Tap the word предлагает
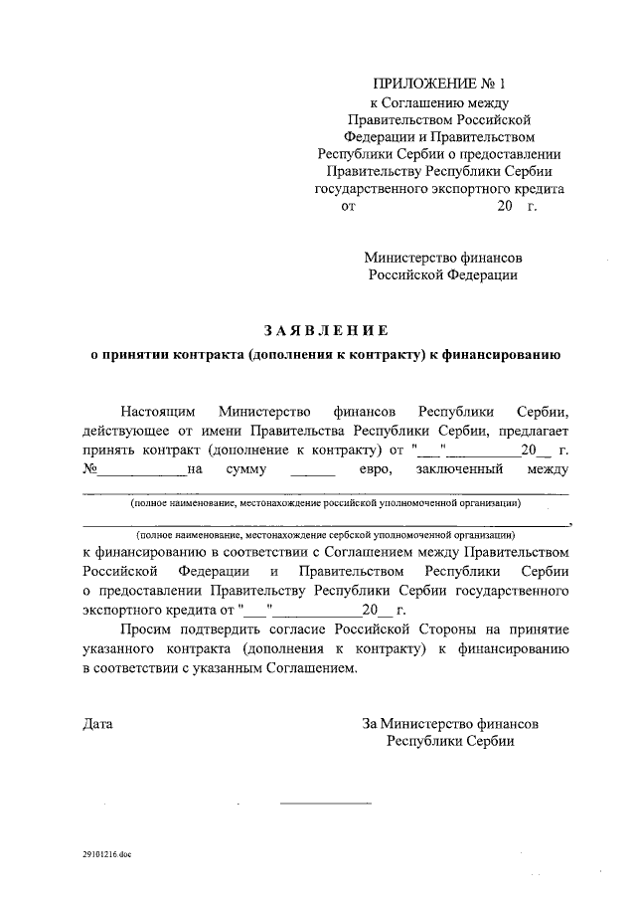(x=527, y=430)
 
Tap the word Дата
(x=97, y=724)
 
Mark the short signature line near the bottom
(x=324, y=803)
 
